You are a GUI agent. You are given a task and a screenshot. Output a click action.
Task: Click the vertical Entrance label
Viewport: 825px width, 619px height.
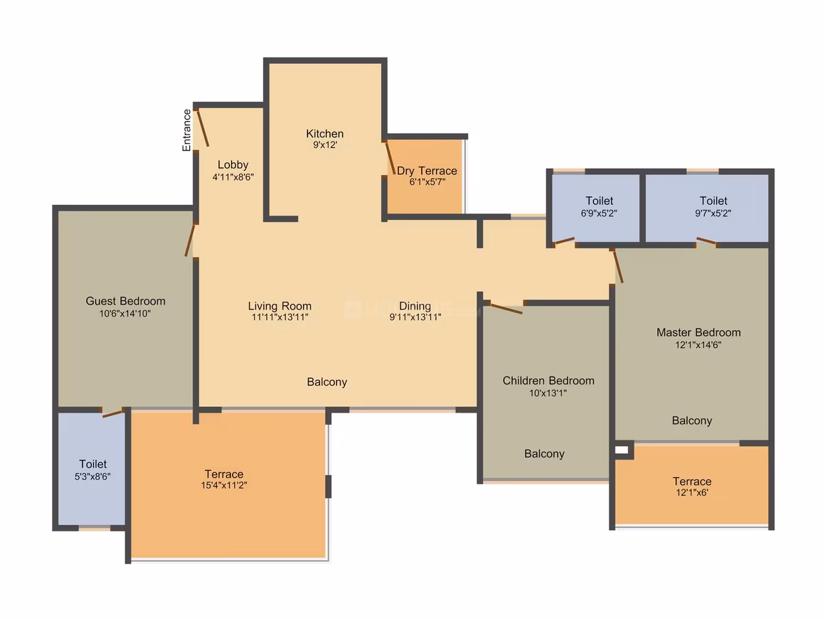click(187, 130)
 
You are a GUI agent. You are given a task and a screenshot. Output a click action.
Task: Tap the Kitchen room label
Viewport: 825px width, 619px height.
click(324, 134)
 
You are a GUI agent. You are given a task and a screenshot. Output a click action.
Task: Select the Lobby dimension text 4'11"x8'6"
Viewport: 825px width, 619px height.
click(233, 177)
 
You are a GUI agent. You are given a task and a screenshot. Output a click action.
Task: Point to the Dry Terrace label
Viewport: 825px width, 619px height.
click(427, 171)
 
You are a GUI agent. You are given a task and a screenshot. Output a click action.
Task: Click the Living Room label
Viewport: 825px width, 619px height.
click(280, 306)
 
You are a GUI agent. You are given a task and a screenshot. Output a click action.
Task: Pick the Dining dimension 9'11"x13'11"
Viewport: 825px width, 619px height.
click(415, 317)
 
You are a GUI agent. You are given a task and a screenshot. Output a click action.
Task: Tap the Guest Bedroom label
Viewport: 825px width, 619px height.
click(125, 301)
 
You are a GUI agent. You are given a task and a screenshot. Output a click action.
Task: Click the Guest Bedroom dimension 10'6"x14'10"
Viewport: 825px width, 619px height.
click(125, 314)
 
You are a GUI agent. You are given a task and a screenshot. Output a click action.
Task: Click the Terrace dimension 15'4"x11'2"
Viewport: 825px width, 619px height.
click(224, 485)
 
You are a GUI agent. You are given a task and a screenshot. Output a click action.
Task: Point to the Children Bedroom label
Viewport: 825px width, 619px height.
click(548, 381)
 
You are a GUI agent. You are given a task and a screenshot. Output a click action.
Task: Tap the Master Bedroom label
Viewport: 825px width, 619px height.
click(698, 333)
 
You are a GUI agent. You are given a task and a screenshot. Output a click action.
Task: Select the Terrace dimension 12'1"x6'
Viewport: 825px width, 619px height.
click(692, 492)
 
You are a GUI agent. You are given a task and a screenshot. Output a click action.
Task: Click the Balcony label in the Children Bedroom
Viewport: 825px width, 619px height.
click(544, 454)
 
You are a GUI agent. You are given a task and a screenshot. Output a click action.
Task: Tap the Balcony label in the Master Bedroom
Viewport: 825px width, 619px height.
click(692, 420)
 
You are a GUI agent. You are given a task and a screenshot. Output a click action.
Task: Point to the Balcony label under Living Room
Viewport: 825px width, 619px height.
click(326, 382)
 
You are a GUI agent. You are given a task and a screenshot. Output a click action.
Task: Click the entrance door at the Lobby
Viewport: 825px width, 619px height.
click(202, 128)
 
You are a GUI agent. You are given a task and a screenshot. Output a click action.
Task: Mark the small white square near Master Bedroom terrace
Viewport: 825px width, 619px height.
click(622, 450)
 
